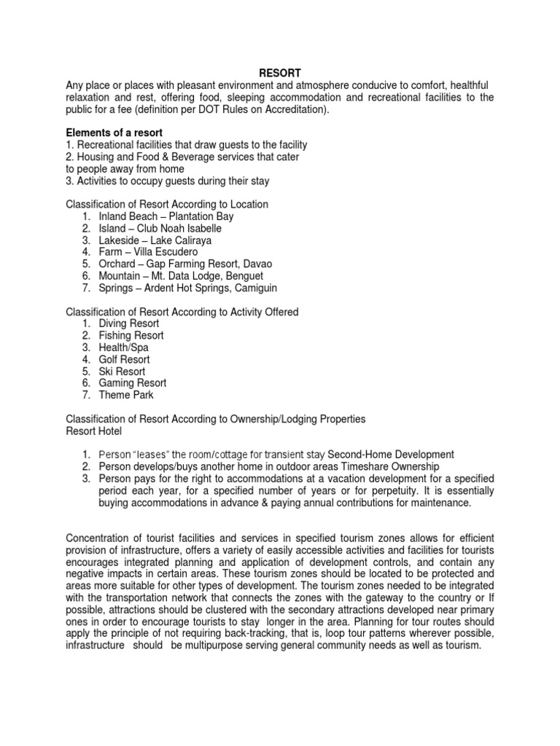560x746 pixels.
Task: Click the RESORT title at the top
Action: coord(280,73)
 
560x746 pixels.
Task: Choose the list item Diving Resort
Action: coord(129,323)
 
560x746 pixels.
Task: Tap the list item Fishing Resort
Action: coord(131,336)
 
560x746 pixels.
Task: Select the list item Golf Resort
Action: coord(125,359)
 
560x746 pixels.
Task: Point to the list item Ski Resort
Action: coord(122,371)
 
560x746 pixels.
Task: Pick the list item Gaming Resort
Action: coord(133,382)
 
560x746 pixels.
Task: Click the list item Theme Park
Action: coord(126,395)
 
